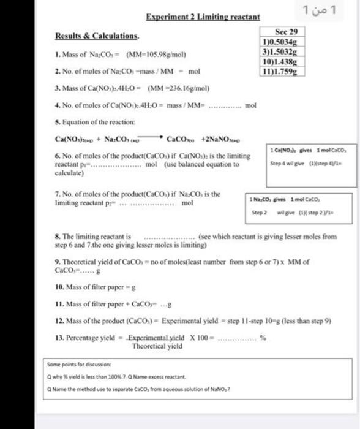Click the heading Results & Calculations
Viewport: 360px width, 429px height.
tap(97, 36)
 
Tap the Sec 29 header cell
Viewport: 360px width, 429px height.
tap(286, 31)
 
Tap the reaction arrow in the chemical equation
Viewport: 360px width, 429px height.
tap(152, 138)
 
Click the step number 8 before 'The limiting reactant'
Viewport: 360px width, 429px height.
tap(56, 235)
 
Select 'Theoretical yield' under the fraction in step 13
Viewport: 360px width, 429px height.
tap(157, 346)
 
